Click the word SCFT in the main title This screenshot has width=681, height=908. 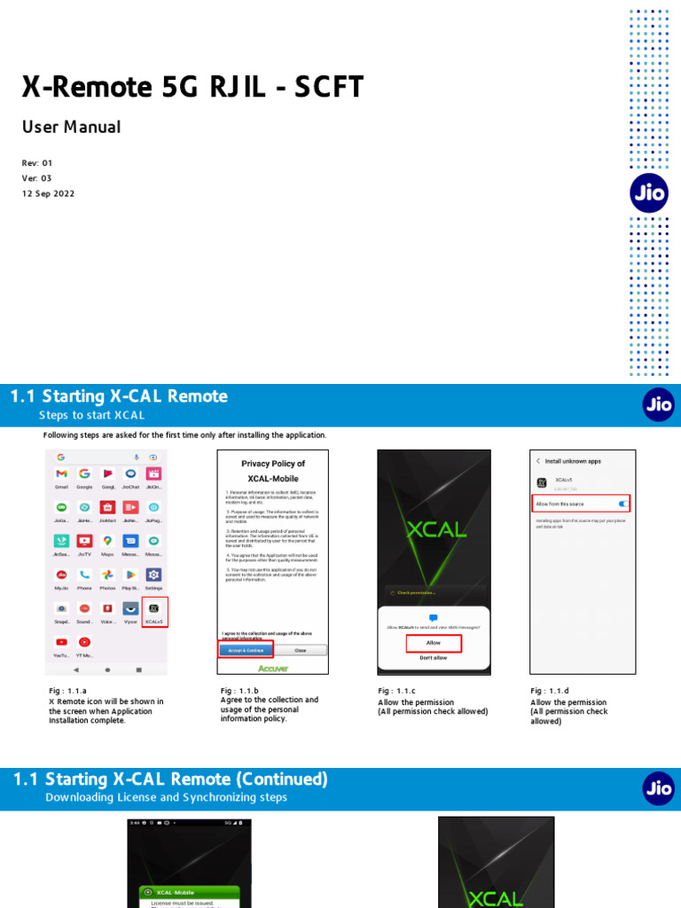pos(329,87)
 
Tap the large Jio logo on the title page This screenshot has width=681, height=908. pos(649,193)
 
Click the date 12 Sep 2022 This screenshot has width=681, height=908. pos(49,193)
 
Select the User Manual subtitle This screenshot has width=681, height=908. pos(72,127)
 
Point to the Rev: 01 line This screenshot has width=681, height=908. pos(38,163)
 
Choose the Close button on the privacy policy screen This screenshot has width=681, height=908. pos(300,650)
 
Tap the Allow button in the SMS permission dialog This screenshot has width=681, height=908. pos(434,642)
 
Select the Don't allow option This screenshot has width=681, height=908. pos(434,658)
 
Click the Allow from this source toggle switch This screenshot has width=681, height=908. pos(623,504)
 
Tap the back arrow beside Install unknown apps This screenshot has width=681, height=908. pos(538,461)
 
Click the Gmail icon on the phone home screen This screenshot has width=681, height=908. pos(61,474)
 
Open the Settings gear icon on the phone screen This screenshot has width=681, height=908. pos(153,575)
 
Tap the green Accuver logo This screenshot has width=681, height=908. pos(272,668)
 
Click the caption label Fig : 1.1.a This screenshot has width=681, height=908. pos(67,691)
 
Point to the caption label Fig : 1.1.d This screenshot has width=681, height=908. pos(550,691)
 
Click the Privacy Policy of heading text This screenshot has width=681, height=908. pos(273,464)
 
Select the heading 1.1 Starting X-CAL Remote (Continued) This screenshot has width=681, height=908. pos(170,779)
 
